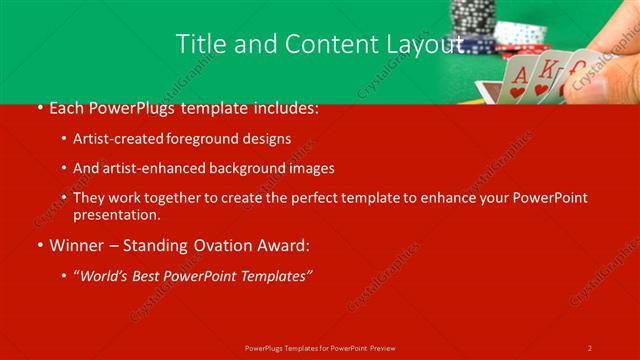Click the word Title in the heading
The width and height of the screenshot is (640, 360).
200,44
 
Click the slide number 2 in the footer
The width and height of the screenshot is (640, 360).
590,347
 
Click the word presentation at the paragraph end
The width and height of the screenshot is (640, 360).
116,215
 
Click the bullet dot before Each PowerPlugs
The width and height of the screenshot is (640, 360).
39,109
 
